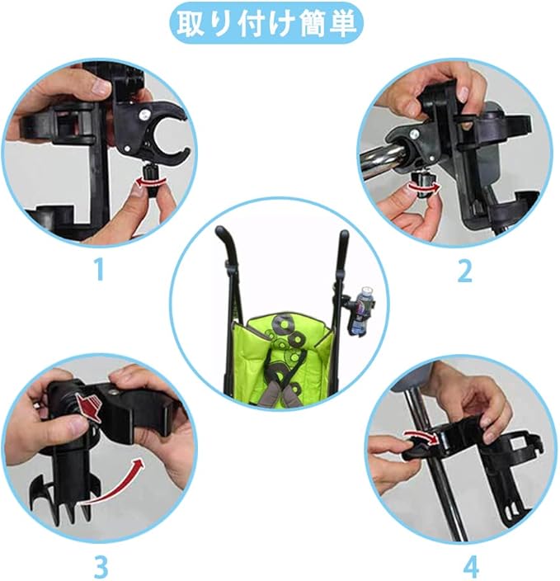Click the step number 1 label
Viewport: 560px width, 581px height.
pyautogui.click(x=98, y=269)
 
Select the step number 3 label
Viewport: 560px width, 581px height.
pyautogui.click(x=101, y=566)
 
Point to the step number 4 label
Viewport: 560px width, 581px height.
pyautogui.click(x=471, y=566)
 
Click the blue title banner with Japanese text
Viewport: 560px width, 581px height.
pyautogui.click(x=266, y=23)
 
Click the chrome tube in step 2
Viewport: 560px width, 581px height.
pyautogui.click(x=384, y=158)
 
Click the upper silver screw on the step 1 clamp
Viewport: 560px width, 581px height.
pyautogui.click(x=143, y=115)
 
